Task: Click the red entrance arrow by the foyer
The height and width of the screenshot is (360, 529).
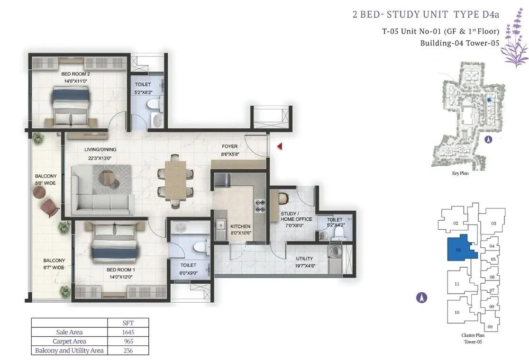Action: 279,146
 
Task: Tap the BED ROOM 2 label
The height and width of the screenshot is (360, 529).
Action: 75,74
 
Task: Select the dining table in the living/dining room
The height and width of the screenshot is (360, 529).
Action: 175,180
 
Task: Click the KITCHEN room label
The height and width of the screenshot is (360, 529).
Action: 240,226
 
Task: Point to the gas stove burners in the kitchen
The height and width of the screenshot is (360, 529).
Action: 260,206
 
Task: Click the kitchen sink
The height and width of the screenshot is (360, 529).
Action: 221,225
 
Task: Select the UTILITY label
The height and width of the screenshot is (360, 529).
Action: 304,259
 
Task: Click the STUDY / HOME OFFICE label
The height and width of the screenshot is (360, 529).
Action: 296,216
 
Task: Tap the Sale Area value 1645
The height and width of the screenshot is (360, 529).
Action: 128,332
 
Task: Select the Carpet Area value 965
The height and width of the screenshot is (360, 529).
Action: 128,341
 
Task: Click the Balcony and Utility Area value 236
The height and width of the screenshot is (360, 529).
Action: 128,351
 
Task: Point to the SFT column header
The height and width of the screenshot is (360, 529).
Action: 128,323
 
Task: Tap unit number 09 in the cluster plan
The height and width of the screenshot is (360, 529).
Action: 490,327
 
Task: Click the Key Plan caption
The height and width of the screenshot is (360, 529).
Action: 460,173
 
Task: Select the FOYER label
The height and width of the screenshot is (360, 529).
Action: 230,146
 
